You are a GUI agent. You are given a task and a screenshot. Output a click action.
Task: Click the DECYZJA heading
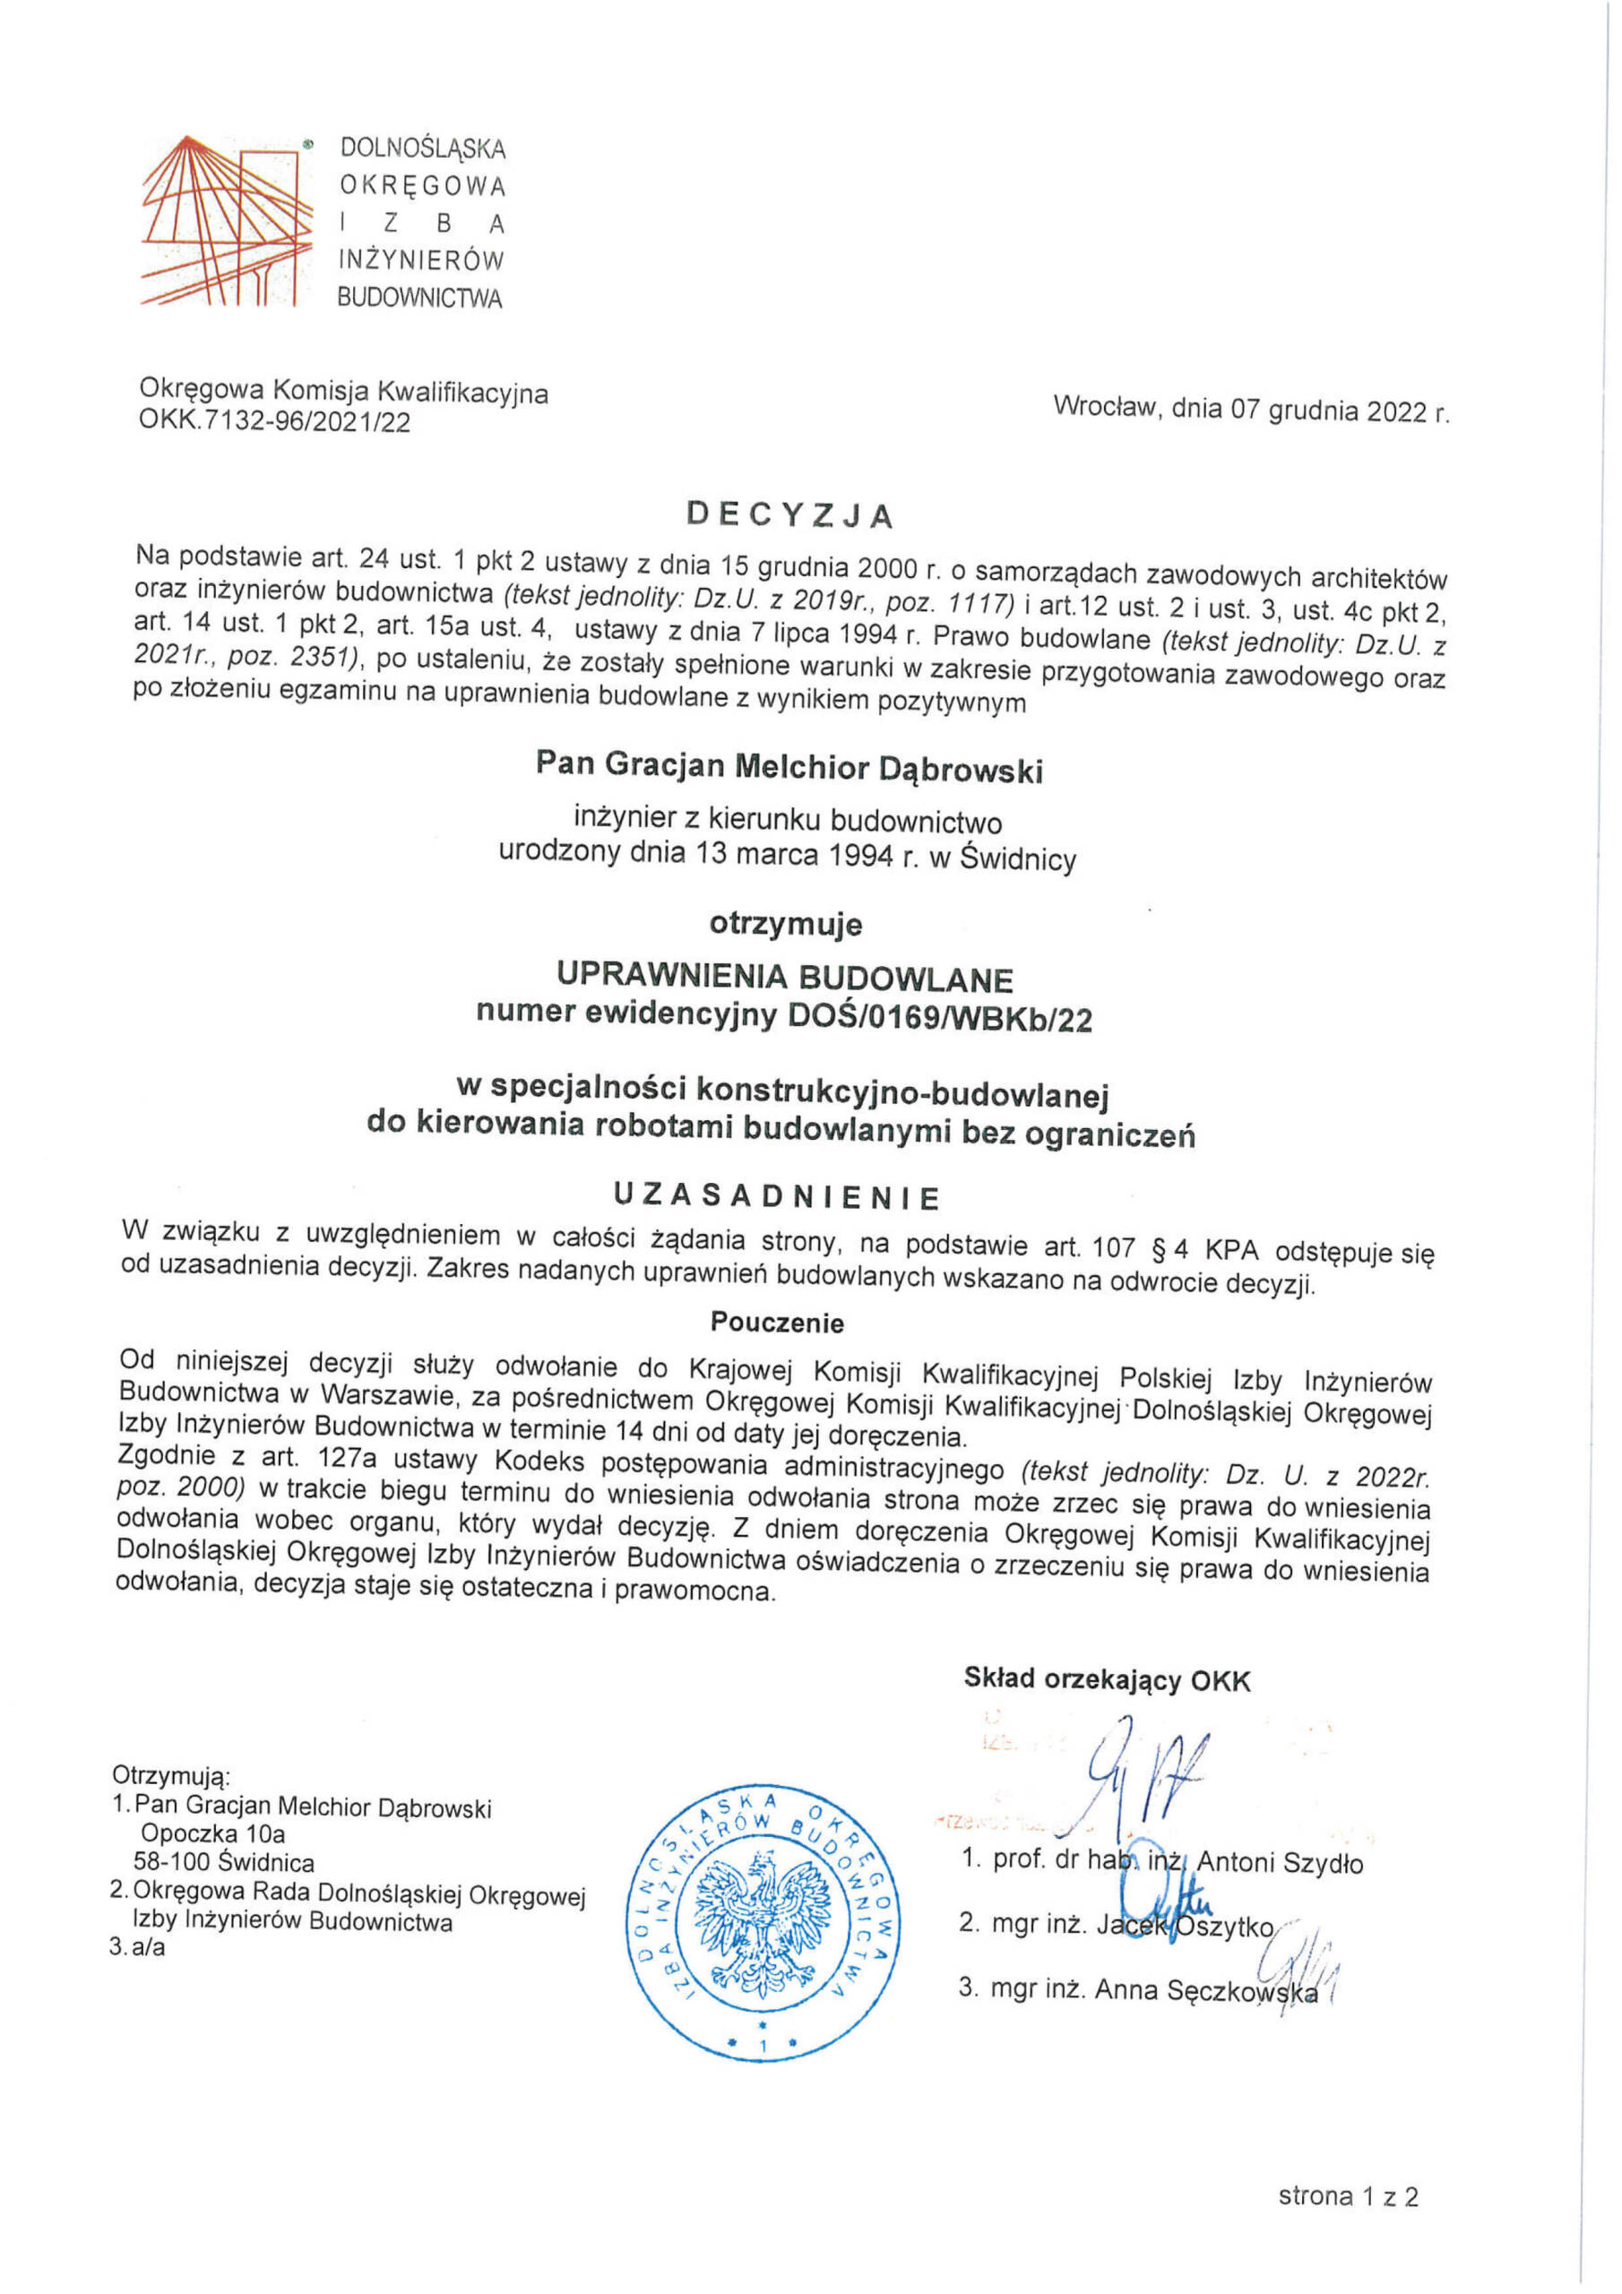tap(789, 514)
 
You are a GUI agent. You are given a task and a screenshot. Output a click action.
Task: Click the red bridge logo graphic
tap(228, 220)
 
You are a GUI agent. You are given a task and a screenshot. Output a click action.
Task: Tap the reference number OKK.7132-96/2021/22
tap(274, 423)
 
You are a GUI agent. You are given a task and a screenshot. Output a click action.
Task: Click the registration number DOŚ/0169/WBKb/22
tap(939, 1017)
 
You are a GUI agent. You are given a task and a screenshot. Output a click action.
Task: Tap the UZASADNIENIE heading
tap(777, 1196)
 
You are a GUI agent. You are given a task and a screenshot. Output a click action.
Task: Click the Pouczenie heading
tap(777, 1323)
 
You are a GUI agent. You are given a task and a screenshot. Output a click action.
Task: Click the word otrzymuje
tap(786, 924)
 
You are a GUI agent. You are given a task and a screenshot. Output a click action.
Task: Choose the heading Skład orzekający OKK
tap(1107, 1678)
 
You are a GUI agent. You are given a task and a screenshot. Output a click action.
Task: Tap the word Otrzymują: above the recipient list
tap(171, 1775)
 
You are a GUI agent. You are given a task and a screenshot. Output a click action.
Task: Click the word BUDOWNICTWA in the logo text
tap(419, 298)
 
